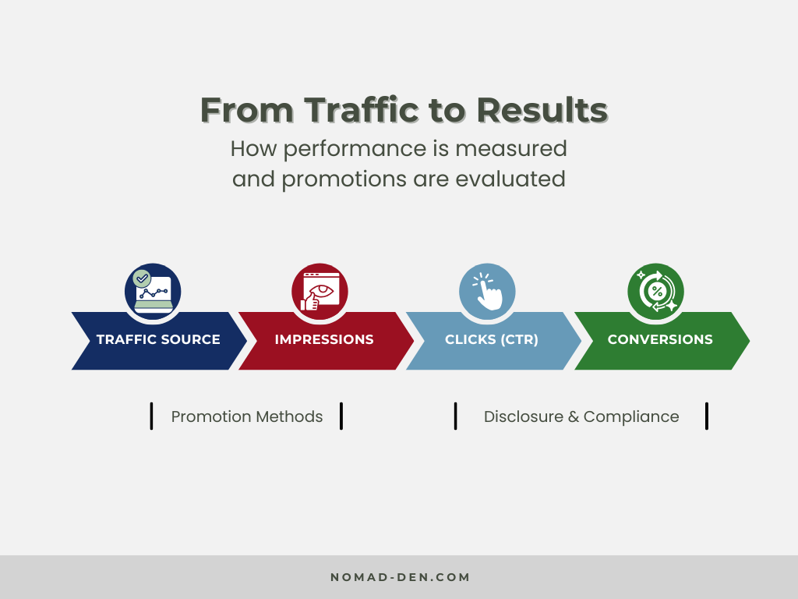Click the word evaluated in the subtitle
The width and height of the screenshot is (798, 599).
[510, 179]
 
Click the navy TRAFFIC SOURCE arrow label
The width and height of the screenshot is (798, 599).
[158, 340]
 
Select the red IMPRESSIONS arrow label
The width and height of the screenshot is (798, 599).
[324, 340]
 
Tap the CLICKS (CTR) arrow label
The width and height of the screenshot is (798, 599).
[492, 340]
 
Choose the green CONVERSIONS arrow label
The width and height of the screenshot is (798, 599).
[660, 340]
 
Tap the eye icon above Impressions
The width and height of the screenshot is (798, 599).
[320, 291]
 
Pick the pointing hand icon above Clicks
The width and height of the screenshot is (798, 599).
[488, 291]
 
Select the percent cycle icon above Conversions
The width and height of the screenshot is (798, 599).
[656, 291]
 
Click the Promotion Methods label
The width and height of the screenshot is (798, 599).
[246, 416]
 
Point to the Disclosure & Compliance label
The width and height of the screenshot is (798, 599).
[581, 416]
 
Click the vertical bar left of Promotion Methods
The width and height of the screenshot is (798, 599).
[151, 416]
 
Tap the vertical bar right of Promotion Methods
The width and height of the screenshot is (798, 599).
[341, 416]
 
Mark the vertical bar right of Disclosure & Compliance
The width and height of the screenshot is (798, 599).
[707, 416]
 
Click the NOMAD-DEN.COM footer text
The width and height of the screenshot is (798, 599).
[400, 578]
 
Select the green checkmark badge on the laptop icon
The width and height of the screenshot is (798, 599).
[142, 278]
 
